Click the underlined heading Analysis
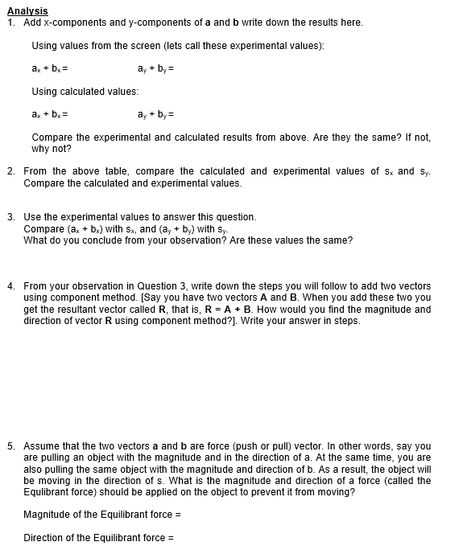click(x=27, y=10)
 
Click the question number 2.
click(x=10, y=171)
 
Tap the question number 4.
click(x=10, y=286)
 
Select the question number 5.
click(x=10, y=445)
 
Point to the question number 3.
click(x=10, y=217)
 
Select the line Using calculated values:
click(x=85, y=92)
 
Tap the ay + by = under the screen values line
click(x=156, y=68)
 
